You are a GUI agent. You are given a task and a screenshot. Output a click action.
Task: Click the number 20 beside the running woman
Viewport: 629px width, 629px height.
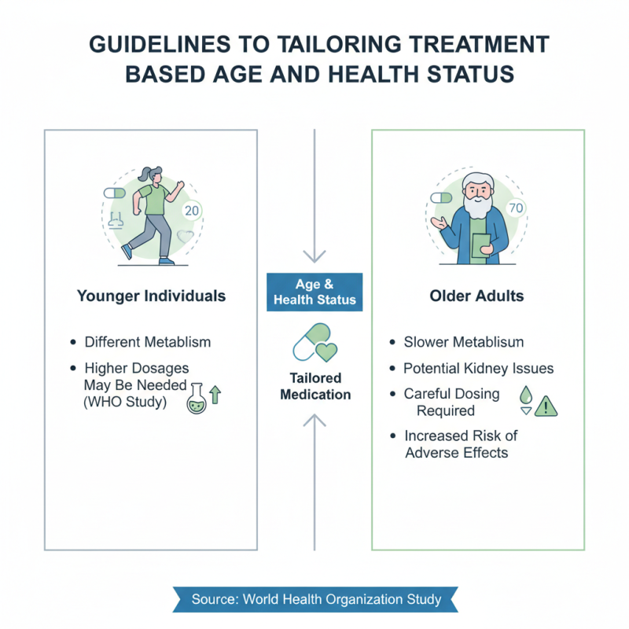(x=191, y=211)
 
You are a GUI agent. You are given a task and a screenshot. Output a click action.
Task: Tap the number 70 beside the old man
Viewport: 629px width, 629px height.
(x=516, y=208)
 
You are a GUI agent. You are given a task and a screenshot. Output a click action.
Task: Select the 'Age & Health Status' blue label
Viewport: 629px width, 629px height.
(x=314, y=292)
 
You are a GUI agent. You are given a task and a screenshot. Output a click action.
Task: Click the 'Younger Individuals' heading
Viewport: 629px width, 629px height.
(x=151, y=296)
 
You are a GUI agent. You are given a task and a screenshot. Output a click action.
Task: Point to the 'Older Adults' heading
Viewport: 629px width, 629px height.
(x=477, y=297)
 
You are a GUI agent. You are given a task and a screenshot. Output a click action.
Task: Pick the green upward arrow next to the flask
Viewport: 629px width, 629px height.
(x=215, y=395)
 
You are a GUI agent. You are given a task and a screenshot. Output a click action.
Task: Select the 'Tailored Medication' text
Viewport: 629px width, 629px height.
(x=314, y=385)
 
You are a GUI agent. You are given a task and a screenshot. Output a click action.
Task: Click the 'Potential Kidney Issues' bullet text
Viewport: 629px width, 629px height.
(x=478, y=368)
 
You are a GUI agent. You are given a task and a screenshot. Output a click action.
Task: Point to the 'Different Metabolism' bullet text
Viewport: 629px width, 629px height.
(x=148, y=342)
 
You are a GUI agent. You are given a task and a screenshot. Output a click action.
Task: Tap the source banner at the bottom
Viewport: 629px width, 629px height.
(x=315, y=599)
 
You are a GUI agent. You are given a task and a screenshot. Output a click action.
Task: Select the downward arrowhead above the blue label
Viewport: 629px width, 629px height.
(x=314, y=255)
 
